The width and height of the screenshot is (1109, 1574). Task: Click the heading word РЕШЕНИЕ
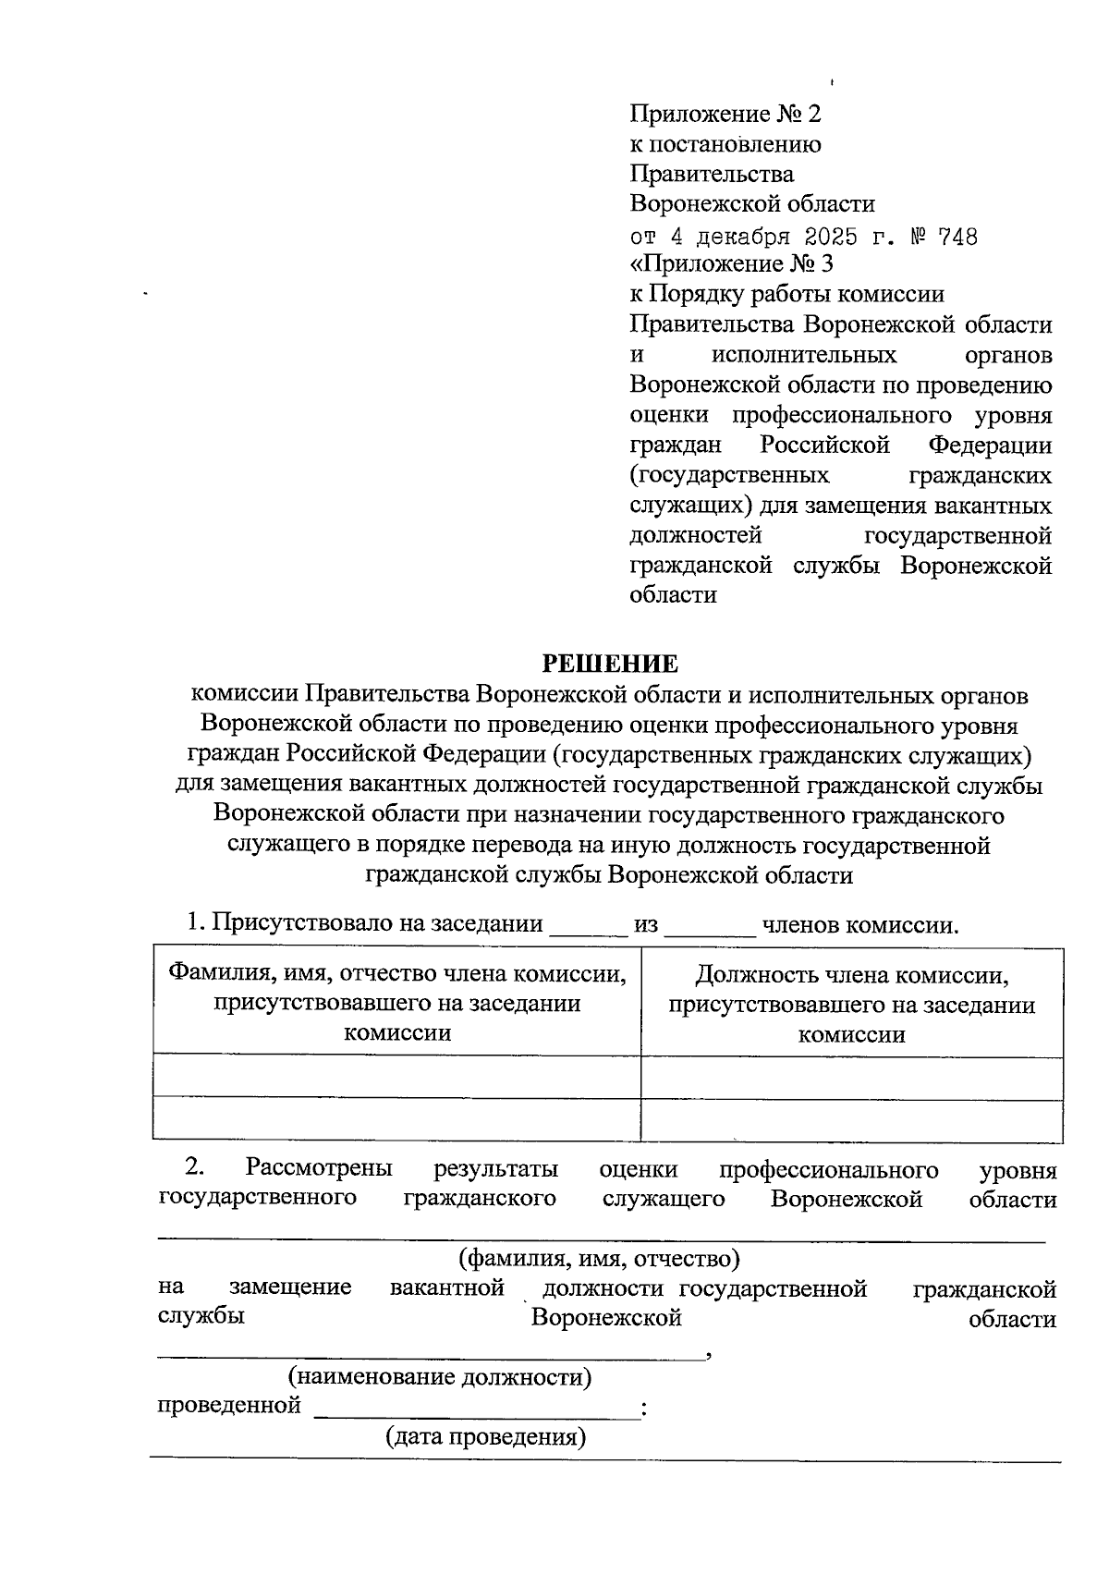610,664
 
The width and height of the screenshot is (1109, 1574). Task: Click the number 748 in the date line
957,237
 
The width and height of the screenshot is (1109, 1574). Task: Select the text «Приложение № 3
731,264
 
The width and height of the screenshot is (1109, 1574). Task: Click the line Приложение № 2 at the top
725,114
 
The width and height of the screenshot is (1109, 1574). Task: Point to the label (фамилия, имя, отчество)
599,1258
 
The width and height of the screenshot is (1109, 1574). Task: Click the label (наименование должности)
440,1376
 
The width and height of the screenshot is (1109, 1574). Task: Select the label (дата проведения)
485,1437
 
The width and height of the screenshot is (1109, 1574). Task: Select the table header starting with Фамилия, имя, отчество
396,1003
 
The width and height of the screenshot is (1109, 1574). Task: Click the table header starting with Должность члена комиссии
851,1004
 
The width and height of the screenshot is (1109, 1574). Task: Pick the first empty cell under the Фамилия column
396,1076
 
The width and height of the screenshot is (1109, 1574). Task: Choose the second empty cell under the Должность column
851,1119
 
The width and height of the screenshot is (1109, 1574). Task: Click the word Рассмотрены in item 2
319,1169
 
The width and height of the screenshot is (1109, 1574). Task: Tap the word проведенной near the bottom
229,1406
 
